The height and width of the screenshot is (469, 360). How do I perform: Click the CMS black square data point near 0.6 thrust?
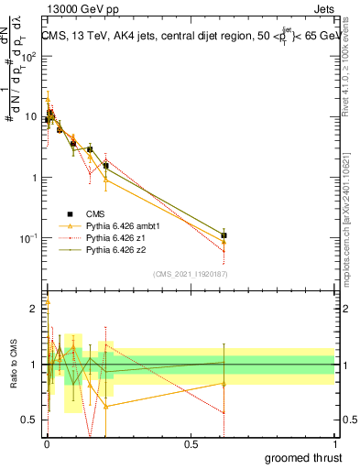click(x=224, y=235)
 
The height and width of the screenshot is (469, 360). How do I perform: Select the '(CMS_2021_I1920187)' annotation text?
click(x=190, y=274)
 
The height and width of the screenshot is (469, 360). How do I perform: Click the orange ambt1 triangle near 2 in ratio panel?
click(x=48, y=301)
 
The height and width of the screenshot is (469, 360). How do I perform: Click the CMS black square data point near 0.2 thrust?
click(x=106, y=166)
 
